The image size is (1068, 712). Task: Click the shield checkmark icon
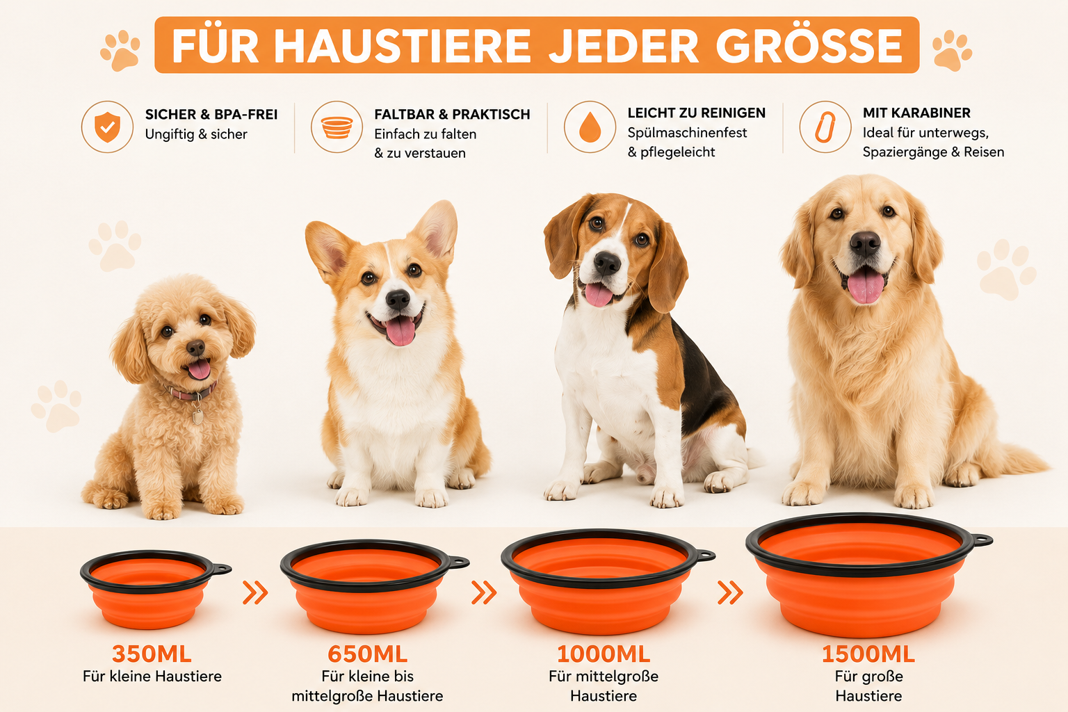[x=107, y=127]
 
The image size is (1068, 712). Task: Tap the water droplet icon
[x=590, y=127]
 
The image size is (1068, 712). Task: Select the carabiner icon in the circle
[x=825, y=127]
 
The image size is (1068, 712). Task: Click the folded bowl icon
[x=337, y=127]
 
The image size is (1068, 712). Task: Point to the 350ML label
[x=152, y=654]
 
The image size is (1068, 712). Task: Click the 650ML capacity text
[x=368, y=654]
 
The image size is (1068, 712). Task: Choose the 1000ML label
[x=603, y=654]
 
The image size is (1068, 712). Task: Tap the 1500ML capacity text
[x=868, y=654]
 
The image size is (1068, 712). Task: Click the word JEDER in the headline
[x=624, y=46]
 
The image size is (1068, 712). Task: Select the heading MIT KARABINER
[x=916, y=113]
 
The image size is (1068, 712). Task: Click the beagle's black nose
[x=607, y=263]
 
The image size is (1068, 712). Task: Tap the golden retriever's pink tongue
[x=866, y=284]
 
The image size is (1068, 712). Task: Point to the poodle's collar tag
[x=197, y=416]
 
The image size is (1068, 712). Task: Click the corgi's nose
[x=398, y=300]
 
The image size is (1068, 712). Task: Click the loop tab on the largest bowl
[x=982, y=540]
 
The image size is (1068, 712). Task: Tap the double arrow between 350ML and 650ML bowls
[x=256, y=593]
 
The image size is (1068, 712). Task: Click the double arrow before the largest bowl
[x=731, y=593]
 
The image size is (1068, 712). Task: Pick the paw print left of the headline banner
[x=120, y=50]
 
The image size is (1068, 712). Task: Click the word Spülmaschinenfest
[x=687, y=133]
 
